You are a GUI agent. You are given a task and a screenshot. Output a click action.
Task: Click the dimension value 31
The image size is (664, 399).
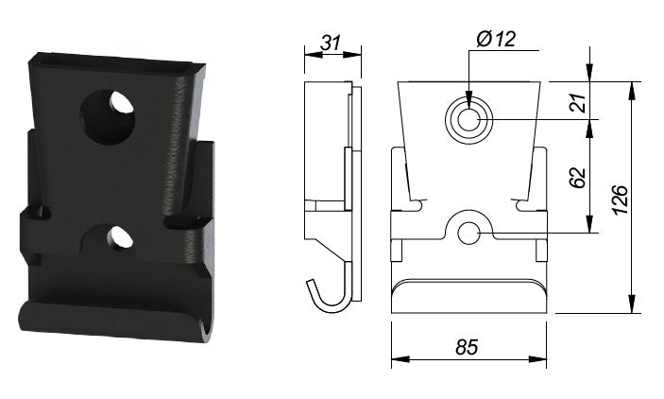[330, 44]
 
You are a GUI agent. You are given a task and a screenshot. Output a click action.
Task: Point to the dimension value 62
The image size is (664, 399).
[579, 176]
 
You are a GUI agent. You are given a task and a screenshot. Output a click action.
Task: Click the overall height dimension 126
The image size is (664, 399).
[621, 198]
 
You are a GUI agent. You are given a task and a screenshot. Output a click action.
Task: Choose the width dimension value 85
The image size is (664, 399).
[466, 347]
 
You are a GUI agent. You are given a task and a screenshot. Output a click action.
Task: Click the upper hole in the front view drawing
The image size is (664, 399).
[468, 120]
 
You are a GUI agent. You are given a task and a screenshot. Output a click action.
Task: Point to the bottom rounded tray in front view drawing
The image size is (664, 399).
[468, 297]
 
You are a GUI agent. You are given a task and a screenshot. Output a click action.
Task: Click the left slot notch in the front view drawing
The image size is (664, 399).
[415, 201]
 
